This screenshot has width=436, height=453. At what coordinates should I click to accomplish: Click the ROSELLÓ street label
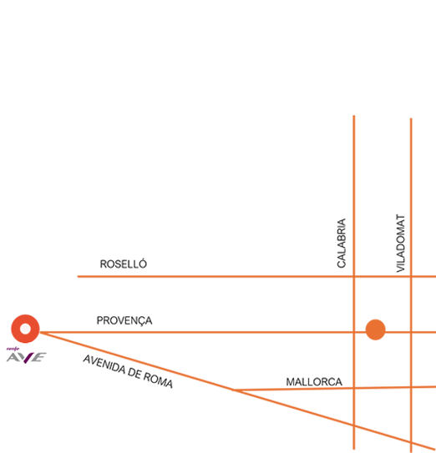click(x=124, y=264)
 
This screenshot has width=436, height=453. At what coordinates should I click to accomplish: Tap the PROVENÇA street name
click(x=124, y=320)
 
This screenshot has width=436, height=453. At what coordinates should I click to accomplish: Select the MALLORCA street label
click(x=314, y=382)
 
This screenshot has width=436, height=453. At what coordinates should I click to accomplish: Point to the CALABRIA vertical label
click(x=342, y=244)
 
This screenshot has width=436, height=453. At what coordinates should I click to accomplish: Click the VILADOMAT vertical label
click(x=401, y=244)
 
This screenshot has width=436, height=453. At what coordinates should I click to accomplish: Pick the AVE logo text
click(x=27, y=358)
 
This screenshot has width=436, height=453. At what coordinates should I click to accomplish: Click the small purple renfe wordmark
click(x=13, y=349)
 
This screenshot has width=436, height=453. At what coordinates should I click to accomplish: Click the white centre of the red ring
click(x=25, y=329)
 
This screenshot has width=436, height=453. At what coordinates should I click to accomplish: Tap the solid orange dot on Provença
click(x=376, y=330)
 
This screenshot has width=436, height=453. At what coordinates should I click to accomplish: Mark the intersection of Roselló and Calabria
click(x=354, y=276)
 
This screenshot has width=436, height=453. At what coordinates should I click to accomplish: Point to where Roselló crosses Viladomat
click(x=411, y=276)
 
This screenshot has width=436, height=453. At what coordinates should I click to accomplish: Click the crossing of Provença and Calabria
click(x=354, y=332)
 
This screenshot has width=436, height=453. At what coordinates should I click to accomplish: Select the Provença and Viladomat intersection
click(x=411, y=332)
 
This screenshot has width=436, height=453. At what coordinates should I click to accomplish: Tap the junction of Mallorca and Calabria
click(x=354, y=388)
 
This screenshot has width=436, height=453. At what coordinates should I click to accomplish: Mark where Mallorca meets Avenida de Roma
click(x=234, y=390)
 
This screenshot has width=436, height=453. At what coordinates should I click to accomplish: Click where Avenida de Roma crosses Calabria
click(x=354, y=425)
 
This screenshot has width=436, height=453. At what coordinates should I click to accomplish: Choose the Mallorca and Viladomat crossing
click(x=411, y=387)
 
